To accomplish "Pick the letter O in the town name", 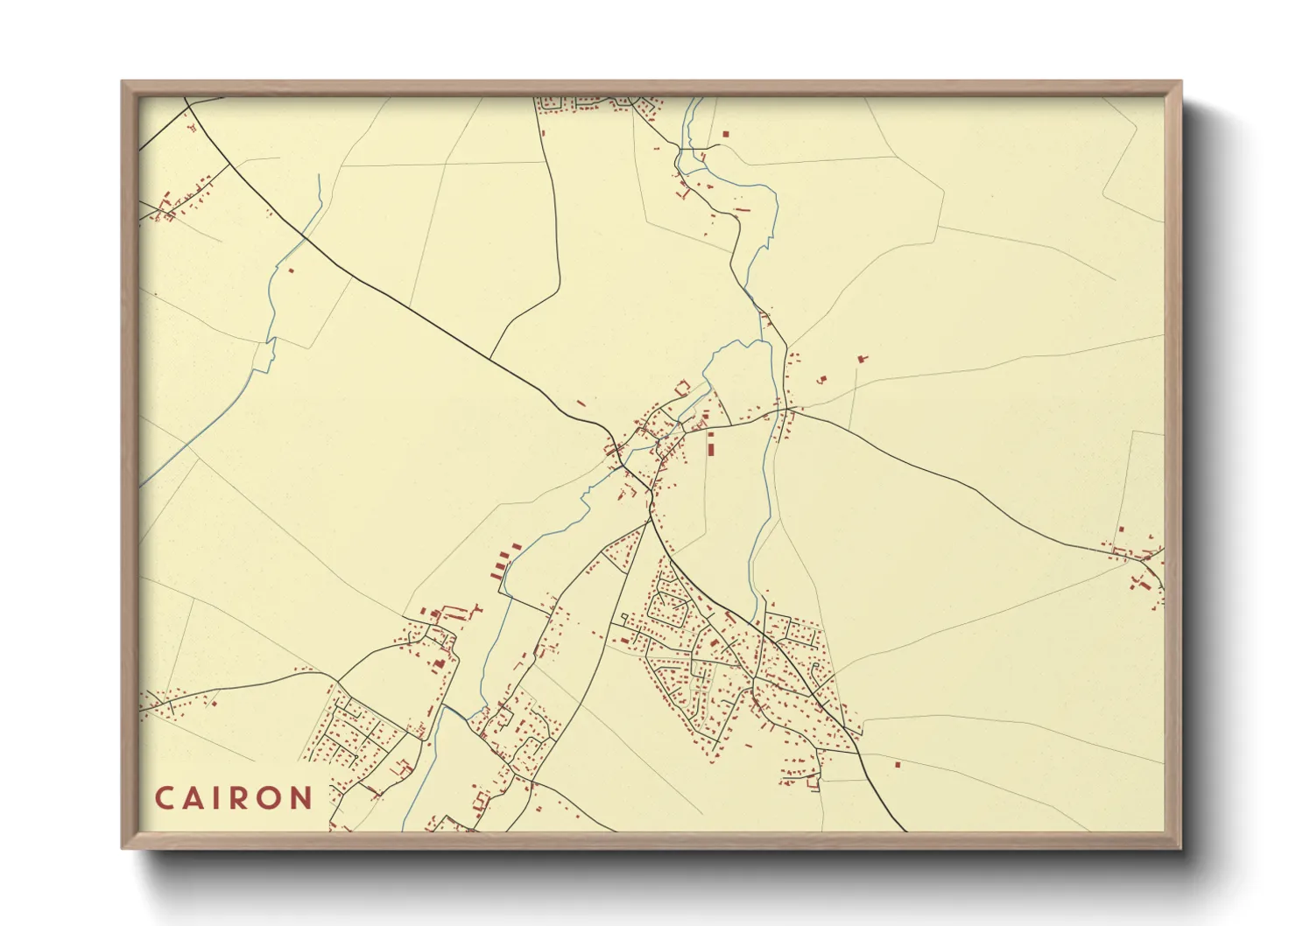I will point(273,798).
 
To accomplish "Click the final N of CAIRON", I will point(303,798).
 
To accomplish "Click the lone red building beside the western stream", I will point(292,270).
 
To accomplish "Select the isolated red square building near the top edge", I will point(725,134).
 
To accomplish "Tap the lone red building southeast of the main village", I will point(898,764).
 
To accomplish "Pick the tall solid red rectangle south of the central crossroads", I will point(711,447).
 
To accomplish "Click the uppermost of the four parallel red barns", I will point(513,547).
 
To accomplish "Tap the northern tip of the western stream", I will point(319,175).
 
